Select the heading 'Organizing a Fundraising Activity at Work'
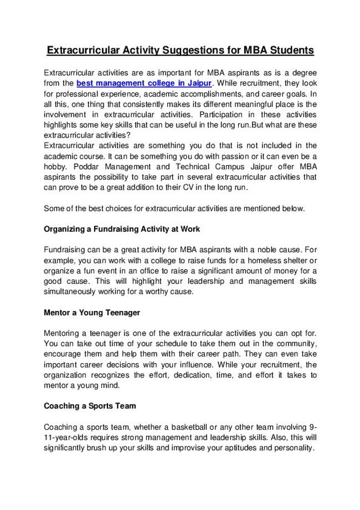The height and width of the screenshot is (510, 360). (122, 228)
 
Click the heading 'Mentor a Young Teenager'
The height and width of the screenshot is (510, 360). (92, 313)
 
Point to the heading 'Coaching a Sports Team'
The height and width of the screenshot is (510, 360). (90, 406)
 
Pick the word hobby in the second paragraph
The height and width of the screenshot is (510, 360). (55, 166)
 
